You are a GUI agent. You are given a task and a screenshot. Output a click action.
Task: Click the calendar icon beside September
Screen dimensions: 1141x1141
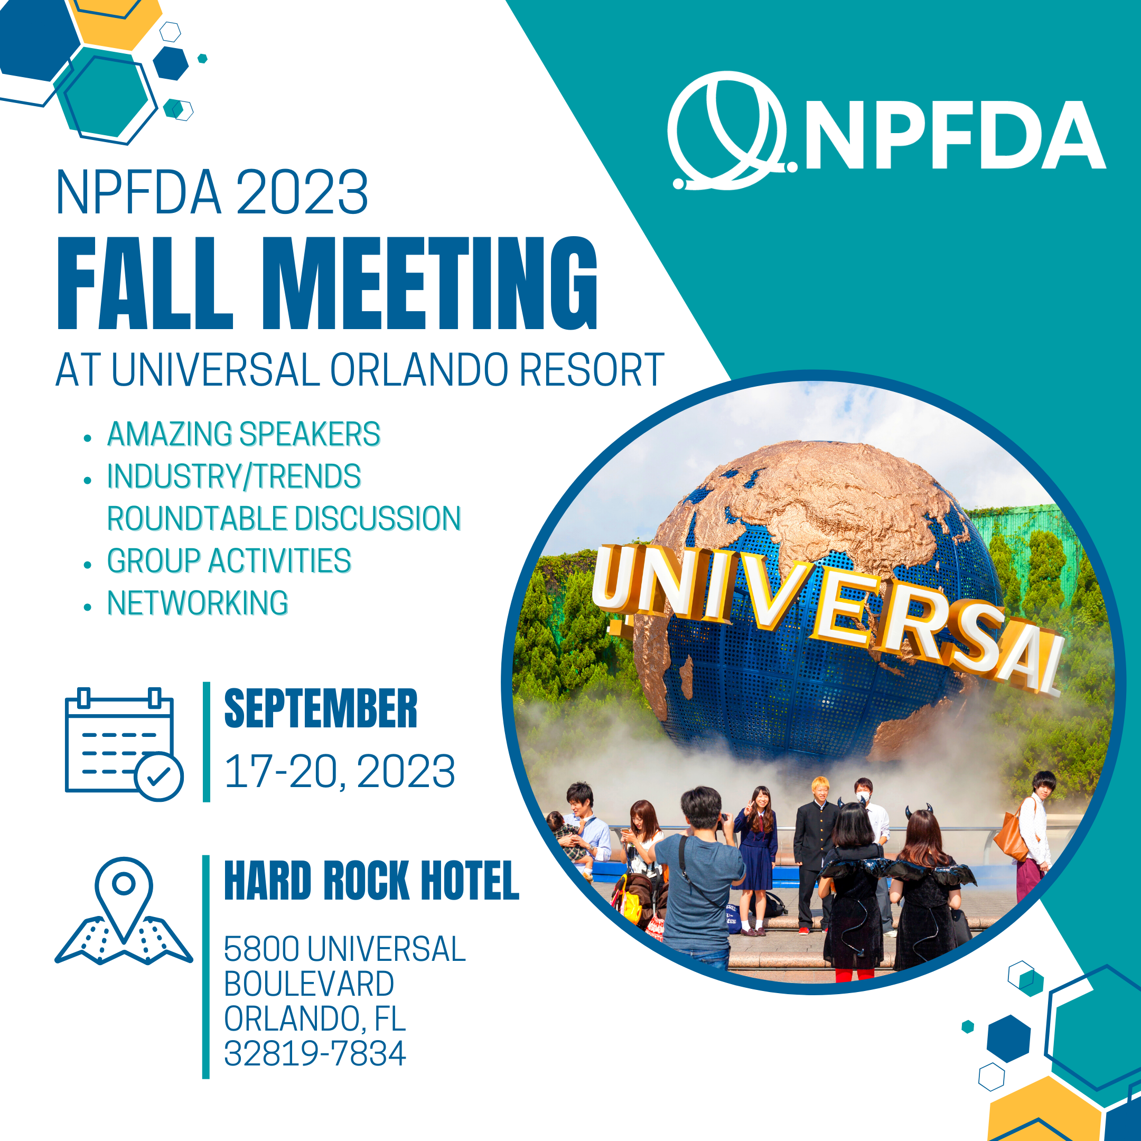point(124,744)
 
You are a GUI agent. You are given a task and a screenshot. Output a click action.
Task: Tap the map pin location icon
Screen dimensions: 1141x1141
point(124,910)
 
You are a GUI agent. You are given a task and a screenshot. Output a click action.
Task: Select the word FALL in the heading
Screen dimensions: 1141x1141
point(145,283)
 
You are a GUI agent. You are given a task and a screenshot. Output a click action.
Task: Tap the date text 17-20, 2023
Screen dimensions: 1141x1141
point(340,771)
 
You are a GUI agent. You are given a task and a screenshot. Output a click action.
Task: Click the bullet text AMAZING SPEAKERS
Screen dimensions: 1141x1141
point(244,434)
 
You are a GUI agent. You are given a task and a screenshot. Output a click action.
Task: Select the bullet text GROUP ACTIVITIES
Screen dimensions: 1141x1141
point(229,560)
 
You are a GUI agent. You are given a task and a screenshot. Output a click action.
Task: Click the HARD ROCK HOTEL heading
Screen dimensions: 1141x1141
point(371,881)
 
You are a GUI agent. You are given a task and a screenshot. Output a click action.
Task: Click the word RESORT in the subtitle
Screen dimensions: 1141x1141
point(592,370)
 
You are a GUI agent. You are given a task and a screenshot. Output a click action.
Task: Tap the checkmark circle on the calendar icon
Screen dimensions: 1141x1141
point(159,777)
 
